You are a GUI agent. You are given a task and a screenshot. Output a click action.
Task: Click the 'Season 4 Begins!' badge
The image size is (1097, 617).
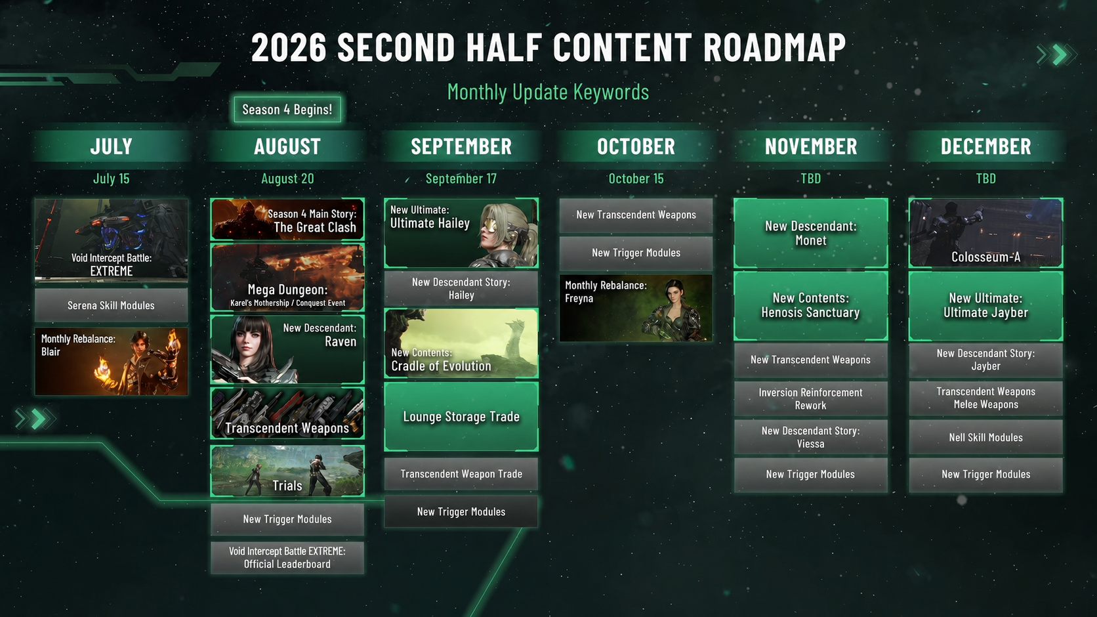pyautogui.click(x=287, y=109)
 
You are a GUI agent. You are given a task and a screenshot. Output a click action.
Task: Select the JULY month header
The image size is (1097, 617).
pyautogui.click(x=111, y=146)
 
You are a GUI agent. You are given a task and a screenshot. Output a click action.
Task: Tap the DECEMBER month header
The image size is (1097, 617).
pyautogui.click(x=986, y=146)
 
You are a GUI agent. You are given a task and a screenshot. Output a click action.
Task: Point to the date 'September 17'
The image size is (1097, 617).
pyautogui.click(x=461, y=179)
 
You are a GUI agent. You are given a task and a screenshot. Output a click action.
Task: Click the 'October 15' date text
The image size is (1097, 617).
pyautogui.click(x=636, y=179)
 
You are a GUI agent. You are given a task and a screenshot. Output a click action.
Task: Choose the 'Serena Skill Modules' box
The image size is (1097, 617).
pyautogui.click(x=111, y=305)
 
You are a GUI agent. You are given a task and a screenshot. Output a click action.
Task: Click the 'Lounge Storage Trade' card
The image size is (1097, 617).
pyautogui.click(x=461, y=417)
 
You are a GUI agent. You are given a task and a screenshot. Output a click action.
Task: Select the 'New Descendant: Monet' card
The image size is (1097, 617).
pyautogui.click(x=810, y=233)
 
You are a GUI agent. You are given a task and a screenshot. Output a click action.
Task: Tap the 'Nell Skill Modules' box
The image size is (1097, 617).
pyautogui.click(x=986, y=437)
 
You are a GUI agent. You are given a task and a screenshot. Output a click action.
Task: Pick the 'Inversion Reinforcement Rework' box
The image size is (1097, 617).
pyautogui.click(x=810, y=398)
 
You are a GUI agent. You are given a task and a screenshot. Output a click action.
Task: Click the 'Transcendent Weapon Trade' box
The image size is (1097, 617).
pyautogui.click(x=461, y=474)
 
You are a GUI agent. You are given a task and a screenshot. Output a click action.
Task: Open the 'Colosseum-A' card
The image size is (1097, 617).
pyautogui.click(x=986, y=233)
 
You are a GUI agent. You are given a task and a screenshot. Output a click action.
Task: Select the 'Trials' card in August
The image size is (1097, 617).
pyautogui.click(x=287, y=471)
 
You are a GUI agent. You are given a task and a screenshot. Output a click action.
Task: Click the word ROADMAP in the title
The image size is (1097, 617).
pyautogui.click(x=775, y=47)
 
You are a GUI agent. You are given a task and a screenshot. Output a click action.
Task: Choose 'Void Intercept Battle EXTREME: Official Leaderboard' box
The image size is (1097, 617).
pyautogui.click(x=287, y=558)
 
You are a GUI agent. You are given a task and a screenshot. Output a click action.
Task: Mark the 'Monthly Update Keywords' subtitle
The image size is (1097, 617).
pyautogui.click(x=548, y=92)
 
